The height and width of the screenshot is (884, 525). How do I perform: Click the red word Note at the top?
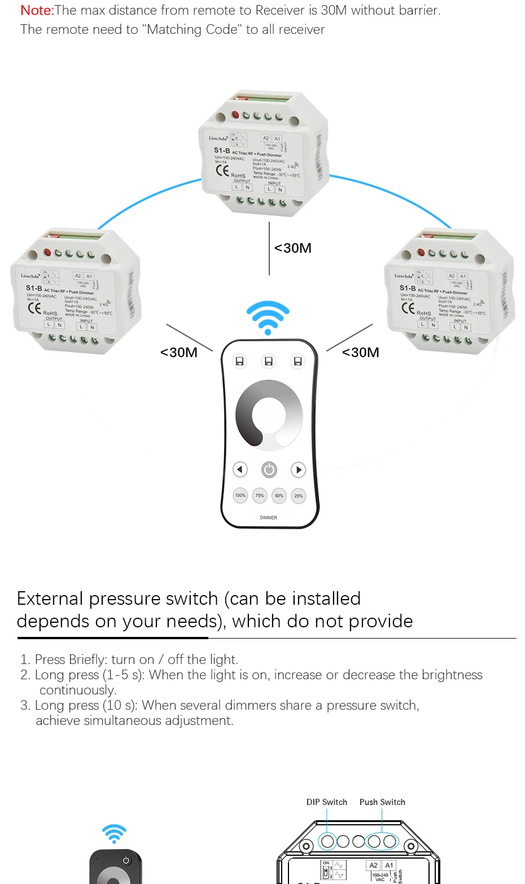37,10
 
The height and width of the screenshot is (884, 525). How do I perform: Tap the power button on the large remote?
269,469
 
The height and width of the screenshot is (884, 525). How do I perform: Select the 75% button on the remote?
260,496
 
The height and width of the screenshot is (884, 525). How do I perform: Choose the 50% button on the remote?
279,496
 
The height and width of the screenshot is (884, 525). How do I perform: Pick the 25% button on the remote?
299,496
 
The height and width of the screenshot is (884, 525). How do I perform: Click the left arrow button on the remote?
240,469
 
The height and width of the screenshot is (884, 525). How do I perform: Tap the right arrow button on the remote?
298,469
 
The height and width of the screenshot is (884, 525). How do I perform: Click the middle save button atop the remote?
269,361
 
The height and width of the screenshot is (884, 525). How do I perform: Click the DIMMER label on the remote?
269,517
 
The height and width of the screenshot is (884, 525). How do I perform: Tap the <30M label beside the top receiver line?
293,248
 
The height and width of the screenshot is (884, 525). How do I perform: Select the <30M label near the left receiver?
179,353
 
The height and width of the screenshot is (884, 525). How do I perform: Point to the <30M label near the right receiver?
361,353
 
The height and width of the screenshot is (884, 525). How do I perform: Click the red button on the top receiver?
235,115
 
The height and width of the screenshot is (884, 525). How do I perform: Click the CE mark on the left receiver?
34,308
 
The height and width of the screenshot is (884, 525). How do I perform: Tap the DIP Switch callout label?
327,802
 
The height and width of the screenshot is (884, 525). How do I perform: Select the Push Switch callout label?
382,802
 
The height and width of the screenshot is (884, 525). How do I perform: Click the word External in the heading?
50,599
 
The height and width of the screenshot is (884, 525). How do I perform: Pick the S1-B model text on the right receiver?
408,288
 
